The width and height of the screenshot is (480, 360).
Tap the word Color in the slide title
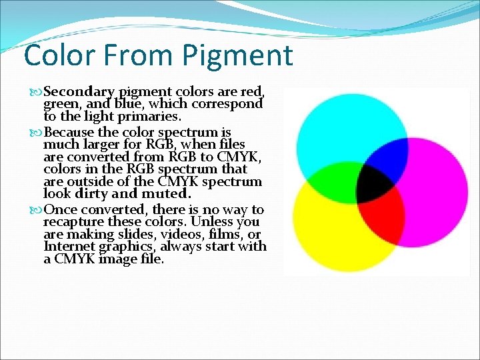click(58, 55)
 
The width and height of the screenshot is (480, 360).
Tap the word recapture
click(74, 222)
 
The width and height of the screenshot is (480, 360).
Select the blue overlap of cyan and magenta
click(385, 157)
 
